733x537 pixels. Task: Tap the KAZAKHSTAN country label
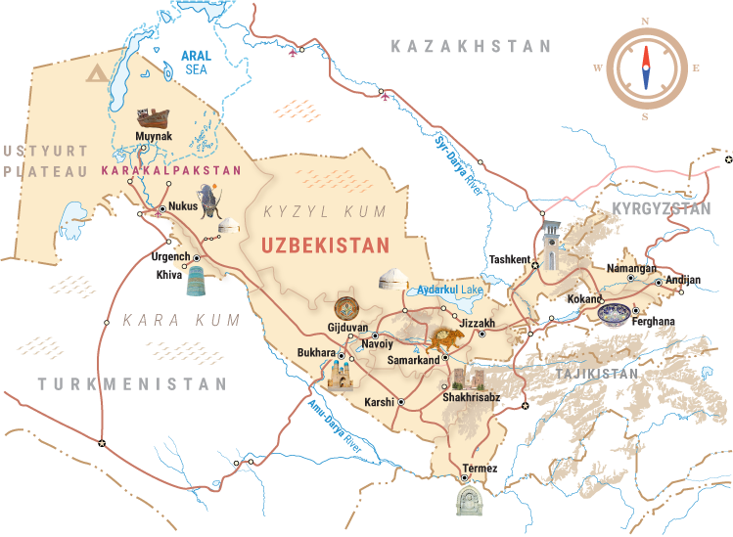pos(471,47)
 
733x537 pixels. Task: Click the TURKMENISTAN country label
pos(132,384)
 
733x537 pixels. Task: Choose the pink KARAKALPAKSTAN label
pos(170,170)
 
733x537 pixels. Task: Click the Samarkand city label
pos(412,360)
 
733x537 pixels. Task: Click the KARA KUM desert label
pos(167,320)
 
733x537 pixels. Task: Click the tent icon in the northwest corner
pos(97,72)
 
